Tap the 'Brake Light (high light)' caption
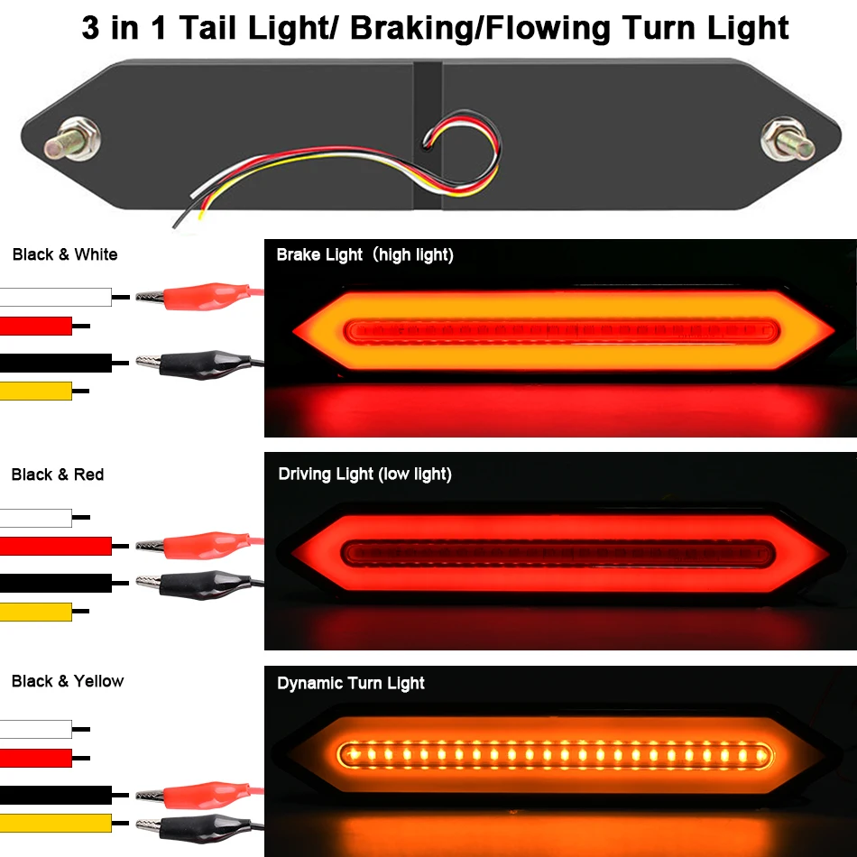pos(364,255)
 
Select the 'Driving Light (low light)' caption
pos(364,474)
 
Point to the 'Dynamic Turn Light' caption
pos(350,683)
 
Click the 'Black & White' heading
pos(65,254)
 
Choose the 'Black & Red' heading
pos(58,475)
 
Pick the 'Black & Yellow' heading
pos(68,681)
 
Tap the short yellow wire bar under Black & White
pos(36,391)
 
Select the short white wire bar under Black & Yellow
pos(36,729)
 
